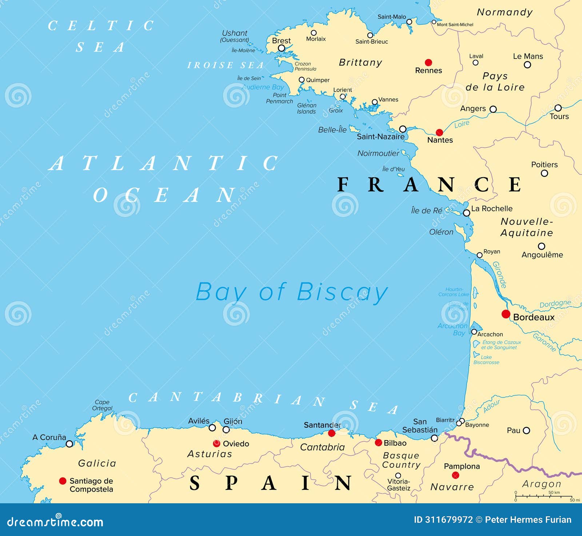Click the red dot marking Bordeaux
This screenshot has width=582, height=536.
[x=506, y=314]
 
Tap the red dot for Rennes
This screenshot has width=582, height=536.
[x=428, y=62]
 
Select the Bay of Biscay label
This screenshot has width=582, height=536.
[x=292, y=292]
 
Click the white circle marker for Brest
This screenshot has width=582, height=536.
[x=281, y=48]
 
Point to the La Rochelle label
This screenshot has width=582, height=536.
[x=492, y=209]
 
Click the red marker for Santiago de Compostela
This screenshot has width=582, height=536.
[x=63, y=481]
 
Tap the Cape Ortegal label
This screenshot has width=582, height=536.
[x=102, y=405]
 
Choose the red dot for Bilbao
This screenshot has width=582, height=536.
[x=378, y=443]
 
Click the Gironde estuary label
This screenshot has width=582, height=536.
[x=499, y=275]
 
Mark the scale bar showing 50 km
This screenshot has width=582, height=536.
[x=543, y=496]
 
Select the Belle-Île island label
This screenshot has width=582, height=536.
[x=332, y=130]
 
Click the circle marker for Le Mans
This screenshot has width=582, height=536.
[x=527, y=65]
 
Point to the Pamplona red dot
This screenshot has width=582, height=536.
[x=455, y=475]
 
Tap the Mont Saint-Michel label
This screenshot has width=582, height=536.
[x=455, y=25]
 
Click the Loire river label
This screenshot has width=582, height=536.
[x=462, y=124]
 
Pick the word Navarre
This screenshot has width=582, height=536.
[x=452, y=487]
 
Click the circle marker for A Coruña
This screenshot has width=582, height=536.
[x=69, y=444]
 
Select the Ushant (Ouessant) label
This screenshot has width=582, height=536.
[x=235, y=36]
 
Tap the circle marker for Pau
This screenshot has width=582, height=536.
[x=526, y=431]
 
